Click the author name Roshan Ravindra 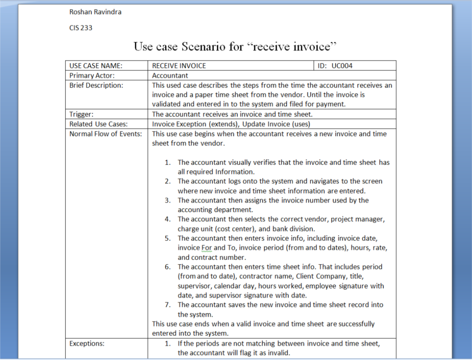click(x=95, y=12)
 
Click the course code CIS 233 click(x=81, y=28)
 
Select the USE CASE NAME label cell click(x=96, y=66)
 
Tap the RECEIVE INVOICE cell click(x=179, y=66)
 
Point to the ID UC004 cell click(x=335, y=66)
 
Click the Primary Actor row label click(x=92, y=75)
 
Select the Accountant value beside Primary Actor click(x=170, y=75)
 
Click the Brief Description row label click(x=96, y=85)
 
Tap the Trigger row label click(x=81, y=114)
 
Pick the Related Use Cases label click(x=98, y=124)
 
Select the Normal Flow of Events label click(x=105, y=134)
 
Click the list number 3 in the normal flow click(x=167, y=200)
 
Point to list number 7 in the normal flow click(x=167, y=305)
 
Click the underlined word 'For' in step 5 click(x=207, y=248)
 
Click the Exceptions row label click(x=87, y=343)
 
